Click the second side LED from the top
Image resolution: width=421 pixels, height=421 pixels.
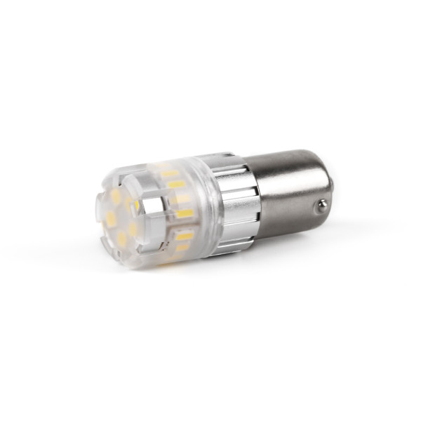[176, 185]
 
